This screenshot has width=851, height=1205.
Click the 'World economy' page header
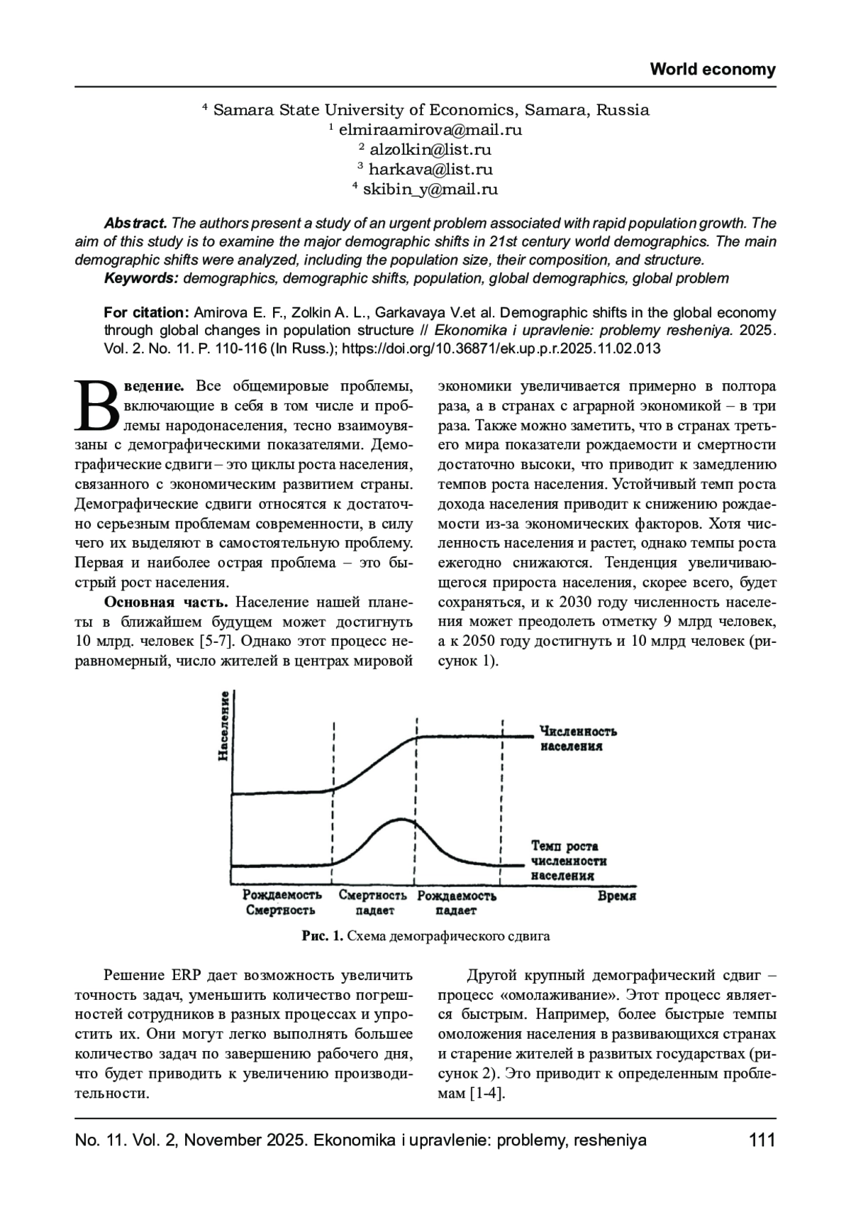click(x=713, y=70)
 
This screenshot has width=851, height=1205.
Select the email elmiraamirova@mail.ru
click(x=430, y=130)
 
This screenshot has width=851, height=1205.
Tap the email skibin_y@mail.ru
click(x=430, y=189)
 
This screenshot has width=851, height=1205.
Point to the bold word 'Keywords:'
click(x=141, y=278)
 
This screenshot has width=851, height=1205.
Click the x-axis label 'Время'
click(x=616, y=896)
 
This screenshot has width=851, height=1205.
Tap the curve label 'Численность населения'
click(x=577, y=739)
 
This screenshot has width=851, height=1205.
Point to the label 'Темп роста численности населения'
click(x=569, y=861)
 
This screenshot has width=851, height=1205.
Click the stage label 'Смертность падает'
click(x=372, y=903)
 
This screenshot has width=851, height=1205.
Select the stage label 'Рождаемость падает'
click(x=457, y=903)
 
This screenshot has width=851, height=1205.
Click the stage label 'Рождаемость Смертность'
click(x=282, y=903)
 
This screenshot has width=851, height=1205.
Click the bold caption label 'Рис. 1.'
click(x=322, y=936)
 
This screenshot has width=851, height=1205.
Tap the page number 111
click(x=762, y=1140)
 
